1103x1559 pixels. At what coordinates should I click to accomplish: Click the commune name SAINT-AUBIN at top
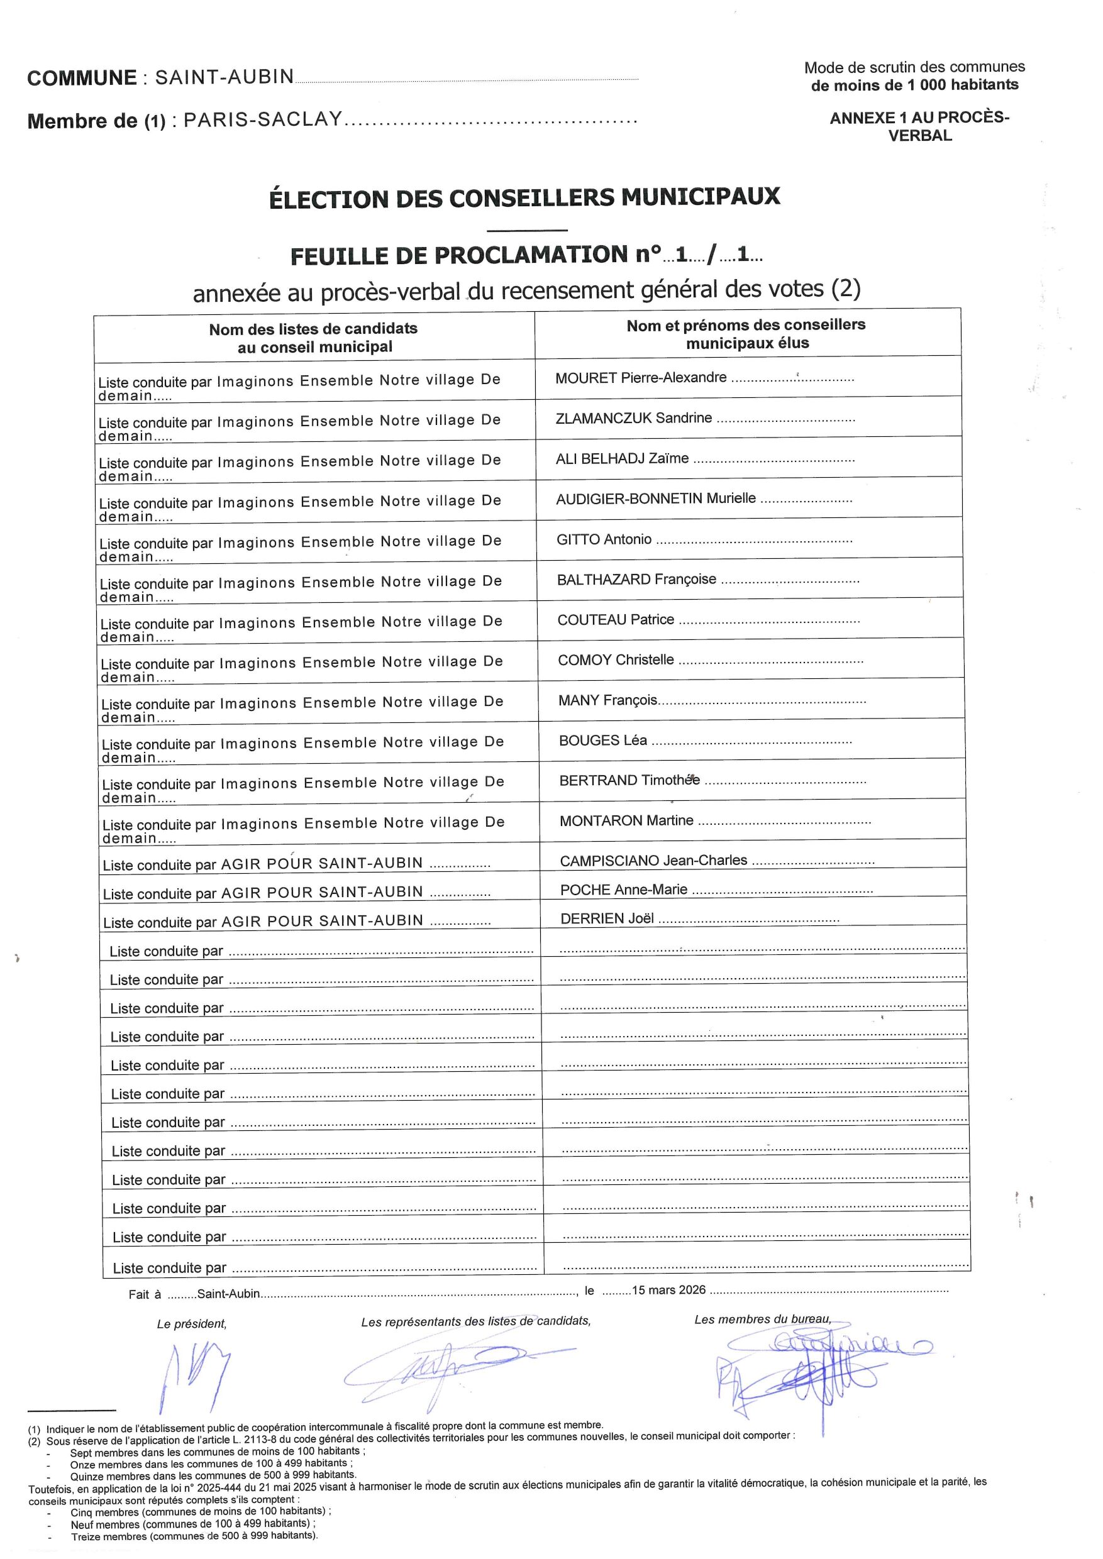coord(224,77)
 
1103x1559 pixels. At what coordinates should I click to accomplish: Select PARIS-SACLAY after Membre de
coord(263,120)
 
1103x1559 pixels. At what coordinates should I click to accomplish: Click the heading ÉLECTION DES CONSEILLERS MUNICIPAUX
coord(524,197)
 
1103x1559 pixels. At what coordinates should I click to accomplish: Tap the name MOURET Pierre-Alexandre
coord(640,378)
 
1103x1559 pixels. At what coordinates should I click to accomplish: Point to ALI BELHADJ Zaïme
coord(622,459)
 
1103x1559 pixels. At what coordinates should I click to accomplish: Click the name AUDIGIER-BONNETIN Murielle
coord(655,499)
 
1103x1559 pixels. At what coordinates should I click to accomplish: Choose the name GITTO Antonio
coord(604,540)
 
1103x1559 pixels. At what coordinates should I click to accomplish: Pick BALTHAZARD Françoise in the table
coord(636,580)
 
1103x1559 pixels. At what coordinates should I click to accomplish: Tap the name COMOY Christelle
coord(616,660)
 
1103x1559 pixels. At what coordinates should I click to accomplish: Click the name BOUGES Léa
coord(602,741)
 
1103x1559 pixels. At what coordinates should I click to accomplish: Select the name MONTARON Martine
coord(626,821)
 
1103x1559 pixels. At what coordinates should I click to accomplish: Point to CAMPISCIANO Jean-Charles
coord(653,861)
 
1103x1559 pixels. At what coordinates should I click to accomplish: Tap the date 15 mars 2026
coord(668,1290)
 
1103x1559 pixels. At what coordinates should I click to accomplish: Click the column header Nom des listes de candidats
coord(313,338)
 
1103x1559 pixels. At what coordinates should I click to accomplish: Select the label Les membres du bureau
coord(762,1319)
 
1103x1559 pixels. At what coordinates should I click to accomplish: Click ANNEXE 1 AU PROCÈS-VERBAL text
coord(919,126)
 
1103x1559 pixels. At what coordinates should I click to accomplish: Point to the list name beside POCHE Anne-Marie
coord(322,892)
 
